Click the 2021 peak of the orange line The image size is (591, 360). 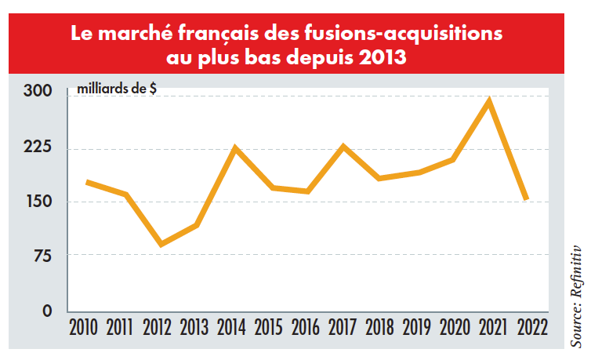[x=489, y=101]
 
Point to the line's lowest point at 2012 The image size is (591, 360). [x=161, y=244]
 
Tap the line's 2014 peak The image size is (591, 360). [x=234, y=147]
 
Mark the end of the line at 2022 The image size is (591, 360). [x=526, y=199]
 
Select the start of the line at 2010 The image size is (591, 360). [x=88, y=182]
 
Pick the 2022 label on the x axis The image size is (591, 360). [x=528, y=325]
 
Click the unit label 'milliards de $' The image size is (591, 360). [x=116, y=89]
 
